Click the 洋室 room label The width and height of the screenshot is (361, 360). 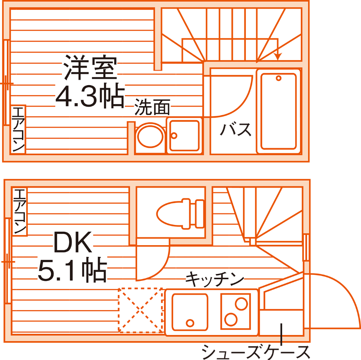tap(90, 68)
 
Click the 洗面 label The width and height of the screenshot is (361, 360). tap(152, 107)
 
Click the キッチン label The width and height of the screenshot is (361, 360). tap(214, 280)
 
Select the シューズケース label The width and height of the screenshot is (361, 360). tap(255, 351)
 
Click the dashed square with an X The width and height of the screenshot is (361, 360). tap(141, 310)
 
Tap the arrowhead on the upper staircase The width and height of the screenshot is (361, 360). tap(278, 56)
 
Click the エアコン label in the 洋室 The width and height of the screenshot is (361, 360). tap(18, 129)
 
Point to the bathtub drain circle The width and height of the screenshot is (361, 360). tap(278, 78)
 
